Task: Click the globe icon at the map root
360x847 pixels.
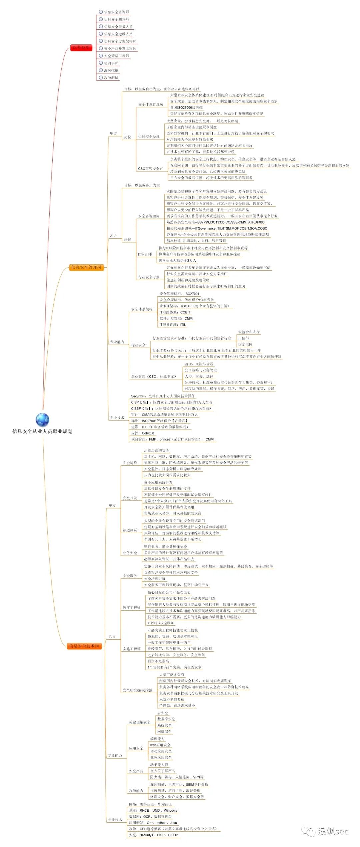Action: point(42,419)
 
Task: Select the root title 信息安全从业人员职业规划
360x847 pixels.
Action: point(42,431)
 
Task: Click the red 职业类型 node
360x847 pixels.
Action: point(81,48)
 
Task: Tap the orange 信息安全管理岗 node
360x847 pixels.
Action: point(86,267)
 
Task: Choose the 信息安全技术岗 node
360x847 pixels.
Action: point(84,646)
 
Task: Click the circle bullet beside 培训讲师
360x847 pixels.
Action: point(101,63)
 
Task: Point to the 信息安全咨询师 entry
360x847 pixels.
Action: point(116,12)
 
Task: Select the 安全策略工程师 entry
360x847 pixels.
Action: point(116,56)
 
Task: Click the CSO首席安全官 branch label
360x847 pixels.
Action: point(150,169)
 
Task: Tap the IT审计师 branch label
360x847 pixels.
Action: point(145,254)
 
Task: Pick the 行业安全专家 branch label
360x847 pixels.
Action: point(149,277)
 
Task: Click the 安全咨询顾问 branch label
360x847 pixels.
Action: point(149,216)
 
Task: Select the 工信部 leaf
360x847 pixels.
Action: point(243,338)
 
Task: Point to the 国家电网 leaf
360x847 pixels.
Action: point(245,344)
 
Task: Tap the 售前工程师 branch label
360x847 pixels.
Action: point(132,608)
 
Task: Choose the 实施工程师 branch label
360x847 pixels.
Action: point(132,649)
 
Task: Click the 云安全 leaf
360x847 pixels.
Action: point(163,713)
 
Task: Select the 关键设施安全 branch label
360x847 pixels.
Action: point(140,722)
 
